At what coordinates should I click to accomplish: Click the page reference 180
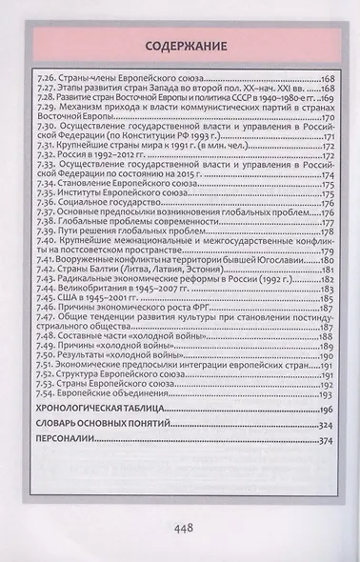[x=326, y=259]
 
